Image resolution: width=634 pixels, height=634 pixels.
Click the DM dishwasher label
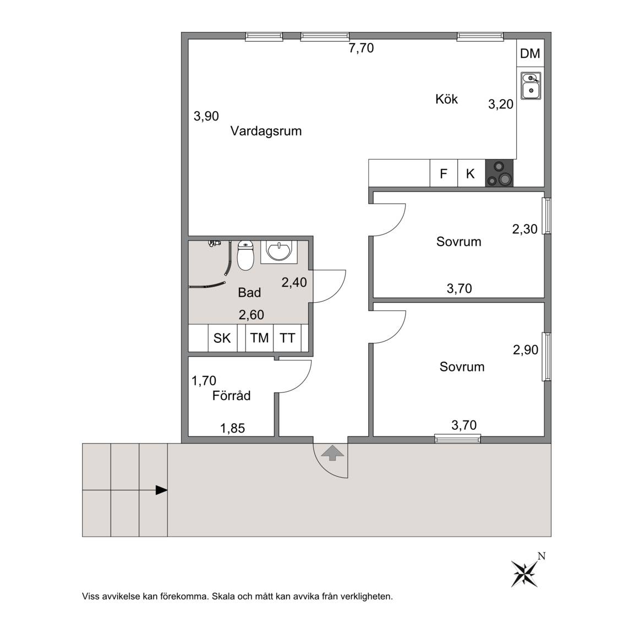[x=529, y=53]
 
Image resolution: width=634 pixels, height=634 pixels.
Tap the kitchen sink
[x=531, y=86]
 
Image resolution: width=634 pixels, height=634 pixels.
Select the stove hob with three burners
[x=499, y=173]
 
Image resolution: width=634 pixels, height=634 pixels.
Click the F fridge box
[x=444, y=173]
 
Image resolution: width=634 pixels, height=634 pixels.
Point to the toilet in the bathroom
[x=245, y=255]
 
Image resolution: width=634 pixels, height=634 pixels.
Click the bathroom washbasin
[x=278, y=252]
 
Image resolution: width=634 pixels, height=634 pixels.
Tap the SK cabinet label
[x=222, y=337]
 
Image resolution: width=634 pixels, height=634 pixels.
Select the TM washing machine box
[x=260, y=337]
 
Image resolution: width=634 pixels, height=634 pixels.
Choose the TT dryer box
[x=287, y=337]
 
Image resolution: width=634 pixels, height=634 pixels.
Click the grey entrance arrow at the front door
[x=332, y=452]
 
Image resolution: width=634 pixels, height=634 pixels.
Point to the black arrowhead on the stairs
[x=162, y=490]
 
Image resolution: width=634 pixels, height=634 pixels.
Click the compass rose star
[x=524, y=573]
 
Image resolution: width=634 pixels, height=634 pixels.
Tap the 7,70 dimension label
[x=361, y=48]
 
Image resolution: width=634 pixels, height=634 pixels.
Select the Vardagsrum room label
[x=266, y=131]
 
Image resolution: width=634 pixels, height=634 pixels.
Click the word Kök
[x=446, y=99]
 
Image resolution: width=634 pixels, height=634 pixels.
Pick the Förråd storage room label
[x=231, y=395]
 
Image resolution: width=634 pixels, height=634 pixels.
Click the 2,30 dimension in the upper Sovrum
[x=525, y=229]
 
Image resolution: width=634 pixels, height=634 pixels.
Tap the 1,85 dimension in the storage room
[x=232, y=428]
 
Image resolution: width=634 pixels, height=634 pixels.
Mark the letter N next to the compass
[x=542, y=556]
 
